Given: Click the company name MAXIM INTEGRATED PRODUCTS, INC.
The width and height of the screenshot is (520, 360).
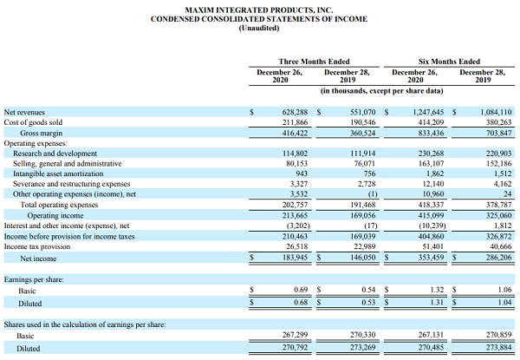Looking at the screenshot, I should (x=259, y=9).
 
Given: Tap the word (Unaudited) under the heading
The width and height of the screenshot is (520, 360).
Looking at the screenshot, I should (x=259, y=28).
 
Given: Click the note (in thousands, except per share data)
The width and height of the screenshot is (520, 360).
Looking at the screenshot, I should (x=381, y=90).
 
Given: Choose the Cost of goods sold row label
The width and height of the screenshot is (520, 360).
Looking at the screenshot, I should (x=33, y=123).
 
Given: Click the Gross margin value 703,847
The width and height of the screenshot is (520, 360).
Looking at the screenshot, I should (x=495, y=134).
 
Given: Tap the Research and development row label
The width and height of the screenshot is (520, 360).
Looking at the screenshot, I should (x=55, y=154).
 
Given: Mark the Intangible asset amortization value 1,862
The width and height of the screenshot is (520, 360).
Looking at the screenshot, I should (x=431, y=173).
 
